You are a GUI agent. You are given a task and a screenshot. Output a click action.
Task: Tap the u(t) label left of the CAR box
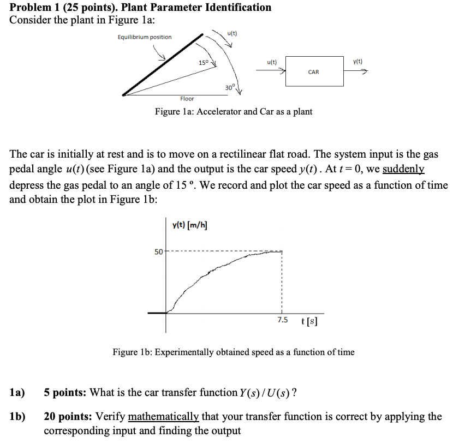coord(272,62)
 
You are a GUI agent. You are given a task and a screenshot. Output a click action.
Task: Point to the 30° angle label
coord(229,87)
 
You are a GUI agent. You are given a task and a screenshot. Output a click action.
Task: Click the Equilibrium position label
coord(145,37)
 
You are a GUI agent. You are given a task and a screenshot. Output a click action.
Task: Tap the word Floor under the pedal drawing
coord(187,99)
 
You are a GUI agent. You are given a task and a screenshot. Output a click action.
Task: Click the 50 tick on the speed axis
coord(158,251)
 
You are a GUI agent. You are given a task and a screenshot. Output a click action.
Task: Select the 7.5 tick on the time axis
coord(282,320)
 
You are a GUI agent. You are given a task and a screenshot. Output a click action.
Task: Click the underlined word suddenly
coord(403,170)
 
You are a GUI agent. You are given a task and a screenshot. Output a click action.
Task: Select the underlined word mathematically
coord(164,417)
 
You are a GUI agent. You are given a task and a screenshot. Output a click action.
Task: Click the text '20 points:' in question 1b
coord(68,417)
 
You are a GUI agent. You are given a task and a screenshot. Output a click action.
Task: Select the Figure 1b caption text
coord(233,352)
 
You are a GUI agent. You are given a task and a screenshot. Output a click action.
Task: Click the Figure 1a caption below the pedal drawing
coord(233,112)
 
